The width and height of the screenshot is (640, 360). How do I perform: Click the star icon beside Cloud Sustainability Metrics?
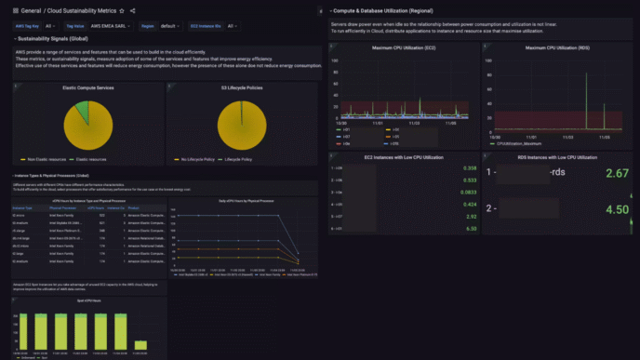(x=121, y=10)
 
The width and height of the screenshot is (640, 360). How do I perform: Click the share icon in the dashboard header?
(x=132, y=10)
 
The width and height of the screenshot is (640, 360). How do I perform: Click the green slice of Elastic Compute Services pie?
(x=84, y=112)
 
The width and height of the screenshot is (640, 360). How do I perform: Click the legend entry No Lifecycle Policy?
(x=196, y=159)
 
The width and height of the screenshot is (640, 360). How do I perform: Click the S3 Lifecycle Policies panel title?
(x=241, y=87)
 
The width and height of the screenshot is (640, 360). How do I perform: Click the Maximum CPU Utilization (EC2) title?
(x=404, y=47)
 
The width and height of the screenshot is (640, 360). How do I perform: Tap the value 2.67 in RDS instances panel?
(x=617, y=174)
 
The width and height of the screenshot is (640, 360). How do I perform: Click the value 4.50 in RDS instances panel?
(x=617, y=209)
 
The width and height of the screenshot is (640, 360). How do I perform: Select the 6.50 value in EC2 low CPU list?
(x=471, y=228)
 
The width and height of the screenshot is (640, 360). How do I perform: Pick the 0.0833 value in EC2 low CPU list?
(x=469, y=192)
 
